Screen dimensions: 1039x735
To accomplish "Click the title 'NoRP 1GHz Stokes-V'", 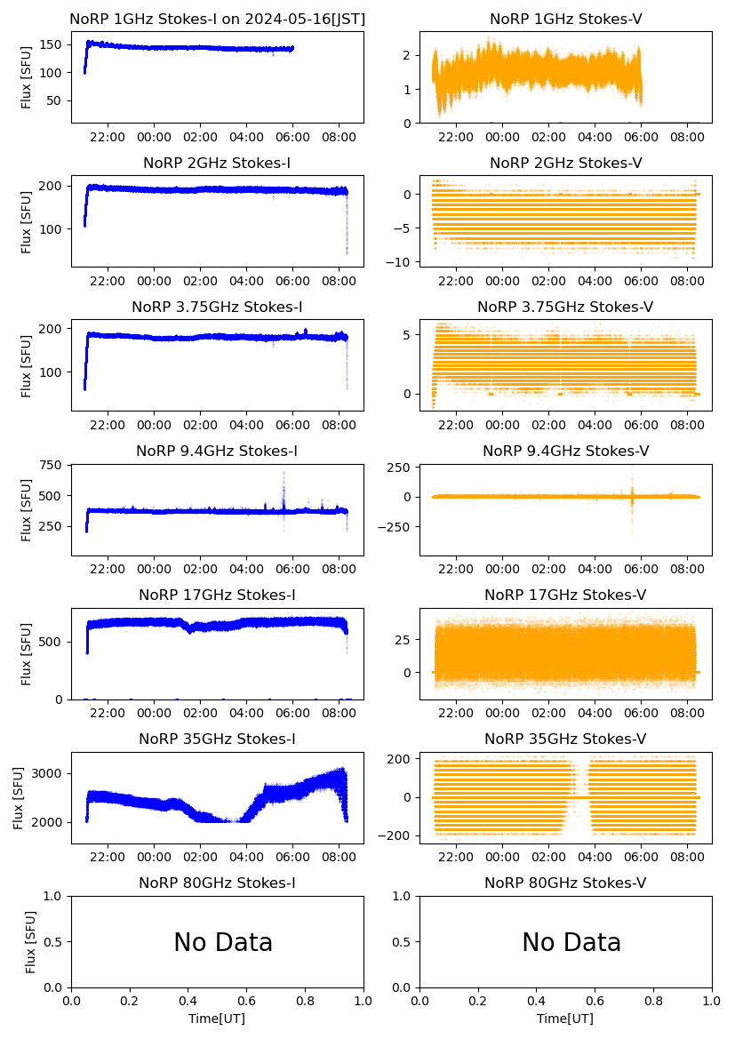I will pos(565,20).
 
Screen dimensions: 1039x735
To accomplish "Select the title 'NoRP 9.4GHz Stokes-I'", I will pos(217,452).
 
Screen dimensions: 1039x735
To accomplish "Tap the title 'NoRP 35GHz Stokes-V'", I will pos(565,739).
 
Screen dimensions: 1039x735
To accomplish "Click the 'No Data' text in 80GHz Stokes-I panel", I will pos(223,943).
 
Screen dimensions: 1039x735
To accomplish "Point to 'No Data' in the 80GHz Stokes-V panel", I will pos(571,943).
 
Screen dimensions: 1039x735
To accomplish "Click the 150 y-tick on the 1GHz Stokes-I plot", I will pos(51,44).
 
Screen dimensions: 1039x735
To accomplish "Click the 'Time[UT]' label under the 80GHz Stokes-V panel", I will pos(565,1019).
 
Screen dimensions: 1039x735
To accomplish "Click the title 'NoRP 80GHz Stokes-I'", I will pos(217,883).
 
